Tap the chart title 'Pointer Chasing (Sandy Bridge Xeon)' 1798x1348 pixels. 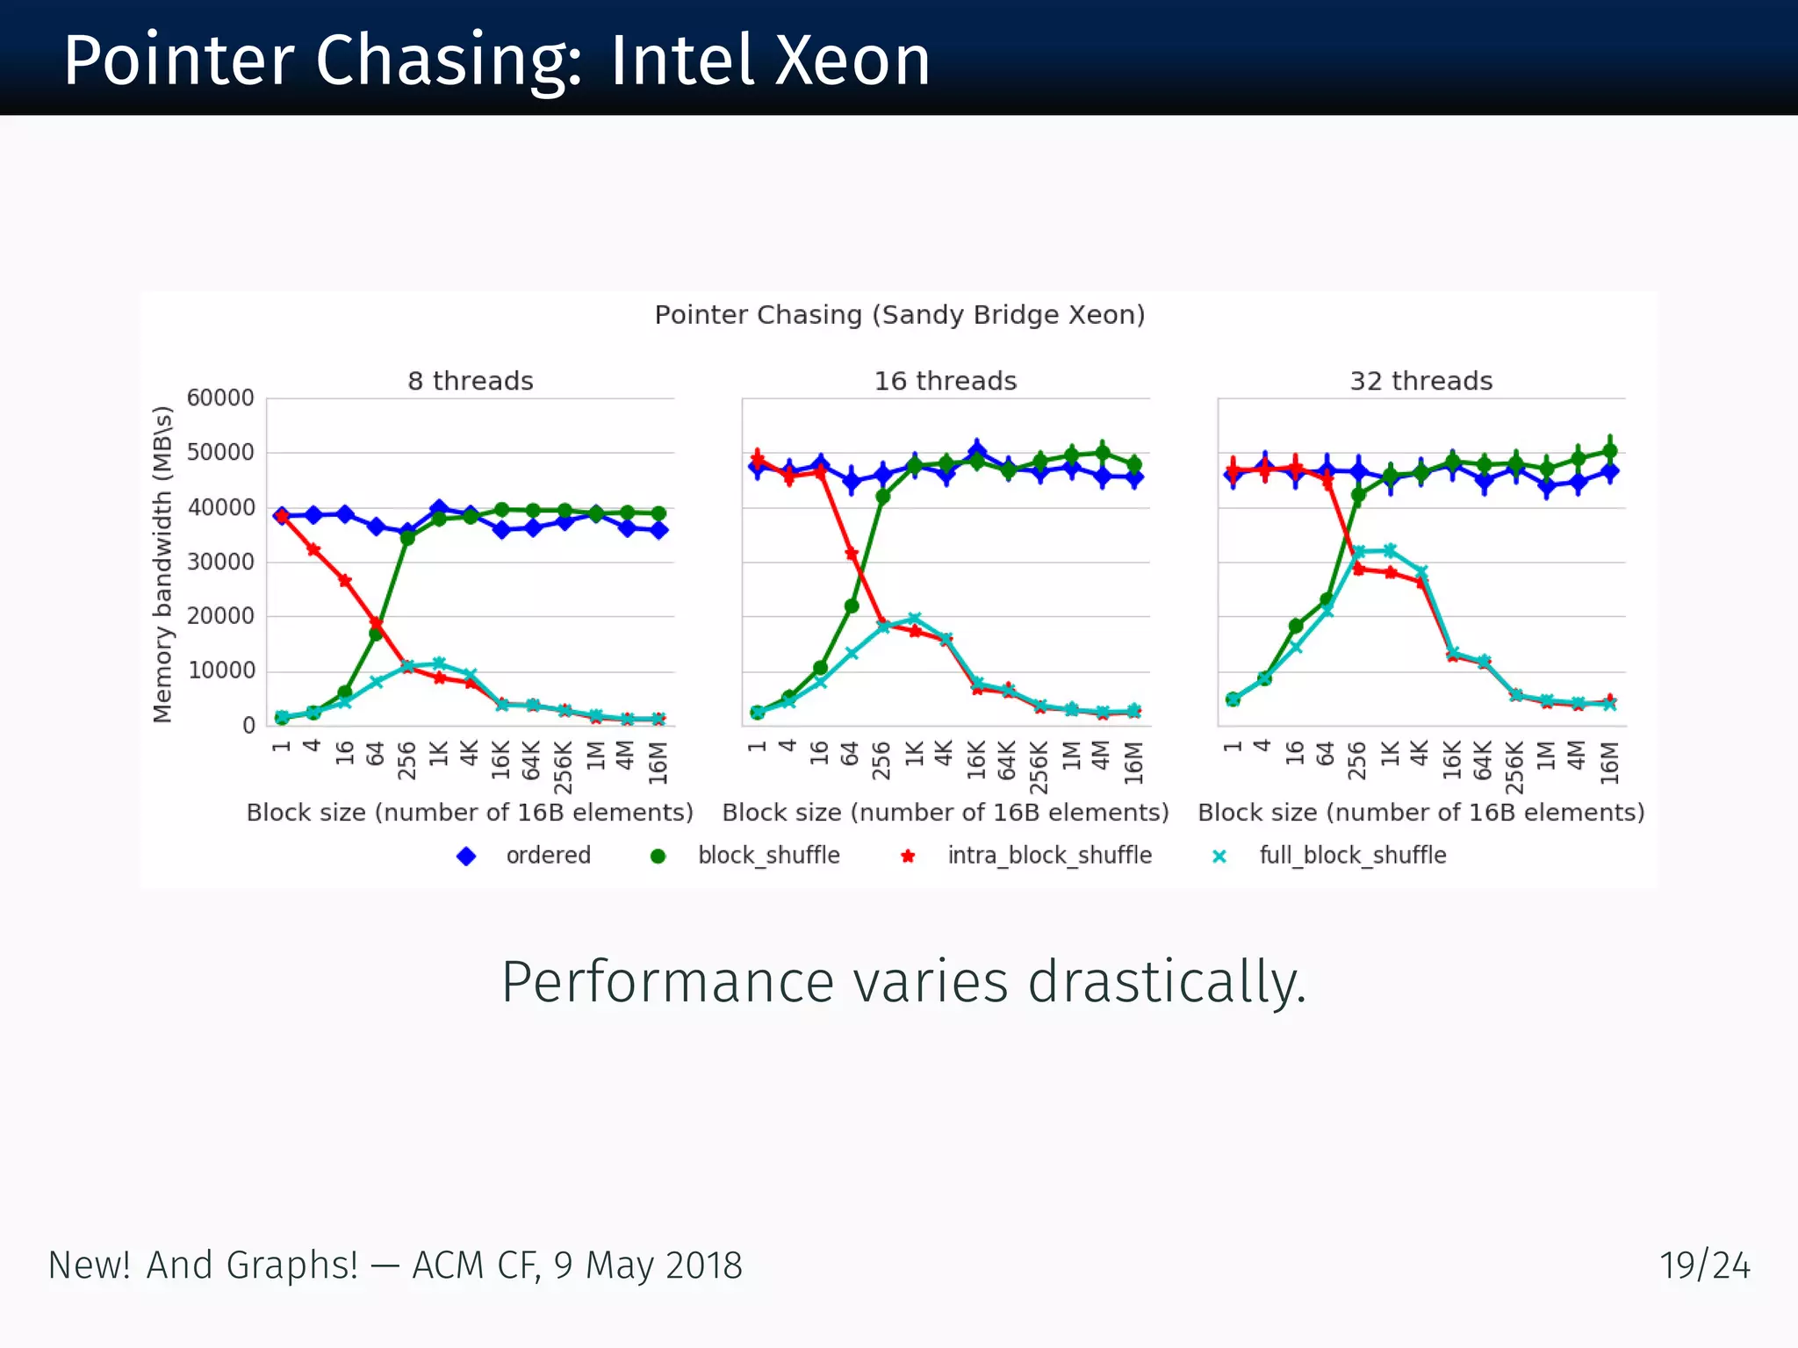(x=900, y=314)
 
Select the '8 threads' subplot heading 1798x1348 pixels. (x=471, y=381)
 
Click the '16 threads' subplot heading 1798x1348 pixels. (x=946, y=381)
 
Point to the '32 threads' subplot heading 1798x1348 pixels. (x=1421, y=381)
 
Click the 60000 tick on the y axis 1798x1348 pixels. (x=220, y=398)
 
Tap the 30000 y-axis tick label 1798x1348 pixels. (x=220, y=562)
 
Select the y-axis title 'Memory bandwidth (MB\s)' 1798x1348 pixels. (x=162, y=564)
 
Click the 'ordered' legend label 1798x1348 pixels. (x=549, y=855)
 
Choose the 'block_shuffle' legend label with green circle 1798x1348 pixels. (x=768, y=855)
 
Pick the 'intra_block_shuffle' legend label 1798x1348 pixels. (x=1049, y=855)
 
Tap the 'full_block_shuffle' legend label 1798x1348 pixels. (x=1352, y=855)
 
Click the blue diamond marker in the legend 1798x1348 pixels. (x=466, y=856)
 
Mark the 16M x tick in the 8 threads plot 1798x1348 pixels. (x=658, y=762)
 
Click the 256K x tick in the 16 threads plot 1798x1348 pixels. (x=1039, y=767)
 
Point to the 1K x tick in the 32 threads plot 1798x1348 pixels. (x=1390, y=753)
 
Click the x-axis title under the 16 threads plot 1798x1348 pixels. (x=946, y=813)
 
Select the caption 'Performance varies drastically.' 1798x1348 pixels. (x=903, y=981)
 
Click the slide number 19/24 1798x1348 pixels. (x=1704, y=1266)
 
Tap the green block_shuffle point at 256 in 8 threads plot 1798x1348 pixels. (x=407, y=538)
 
